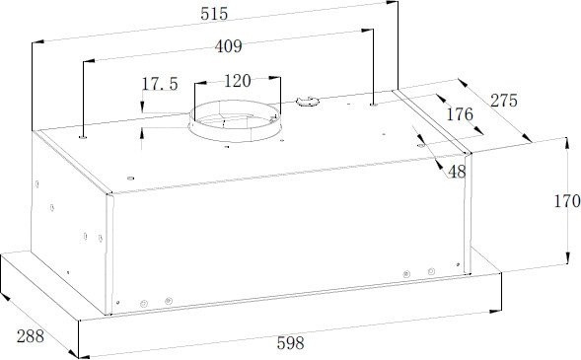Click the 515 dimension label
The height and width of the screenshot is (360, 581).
pyautogui.click(x=214, y=14)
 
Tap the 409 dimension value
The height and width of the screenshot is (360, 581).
pyautogui.click(x=229, y=46)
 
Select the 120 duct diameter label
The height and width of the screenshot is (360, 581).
pyautogui.click(x=238, y=81)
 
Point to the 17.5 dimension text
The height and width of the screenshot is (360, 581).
pyautogui.click(x=160, y=84)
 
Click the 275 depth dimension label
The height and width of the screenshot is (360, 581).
pyautogui.click(x=503, y=101)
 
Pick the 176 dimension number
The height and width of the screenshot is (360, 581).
pyautogui.click(x=460, y=114)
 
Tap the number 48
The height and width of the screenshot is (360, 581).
pyautogui.click(x=457, y=172)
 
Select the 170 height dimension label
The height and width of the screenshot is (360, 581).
pyautogui.click(x=567, y=201)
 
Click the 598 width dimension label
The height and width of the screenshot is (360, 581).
pyautogui.click(x=290, y=343)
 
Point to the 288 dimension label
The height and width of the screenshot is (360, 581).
pyautogui.click(x=31, y=336)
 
